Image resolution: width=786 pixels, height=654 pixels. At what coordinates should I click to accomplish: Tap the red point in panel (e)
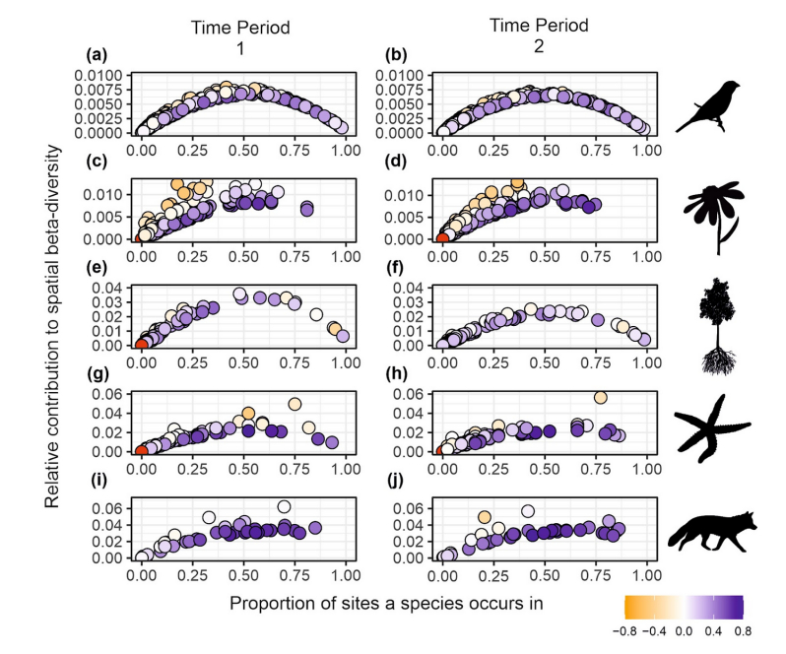142,344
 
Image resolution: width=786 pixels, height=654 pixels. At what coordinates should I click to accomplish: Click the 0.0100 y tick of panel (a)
102,76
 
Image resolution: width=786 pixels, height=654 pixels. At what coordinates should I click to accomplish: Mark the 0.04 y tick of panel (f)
415,289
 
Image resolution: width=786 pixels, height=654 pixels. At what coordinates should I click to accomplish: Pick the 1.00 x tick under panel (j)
646,572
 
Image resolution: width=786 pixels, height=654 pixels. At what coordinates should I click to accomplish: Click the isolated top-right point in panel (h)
600,397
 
